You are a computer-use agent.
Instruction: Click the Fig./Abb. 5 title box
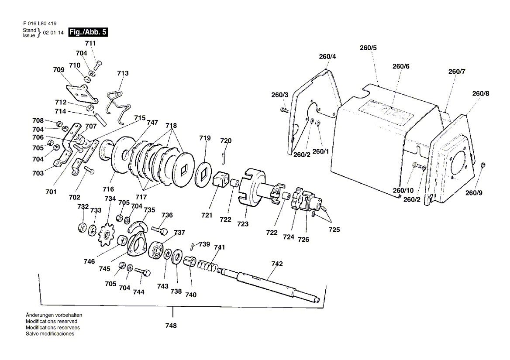coord(88,32)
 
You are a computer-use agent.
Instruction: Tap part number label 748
coord(171,326)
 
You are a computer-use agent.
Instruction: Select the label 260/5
coord(368,48)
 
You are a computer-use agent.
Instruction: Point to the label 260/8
coord(480,93)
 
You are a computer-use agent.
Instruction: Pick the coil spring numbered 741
coord(207,265)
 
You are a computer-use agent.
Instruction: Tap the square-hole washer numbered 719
coord(204,175)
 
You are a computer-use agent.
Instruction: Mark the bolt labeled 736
coord(159,230)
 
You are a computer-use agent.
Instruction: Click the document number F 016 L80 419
coord(40,24)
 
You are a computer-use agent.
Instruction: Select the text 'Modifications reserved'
coord(52,321)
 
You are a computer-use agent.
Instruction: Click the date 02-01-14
coord(53,33)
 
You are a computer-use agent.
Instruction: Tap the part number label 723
coord(243,224)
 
